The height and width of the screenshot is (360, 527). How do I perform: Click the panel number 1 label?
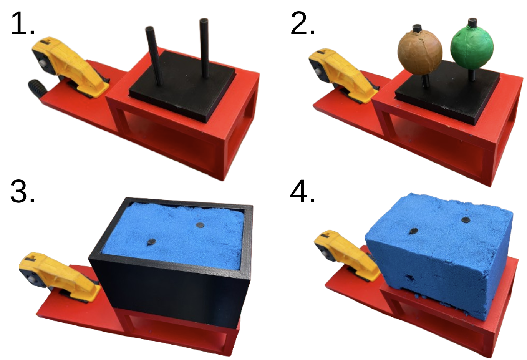pos(22,24)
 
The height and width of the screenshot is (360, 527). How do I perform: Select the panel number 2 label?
pos(303,24)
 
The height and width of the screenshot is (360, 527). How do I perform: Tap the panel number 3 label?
pos(22,192)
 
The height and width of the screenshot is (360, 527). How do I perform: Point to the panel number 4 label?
pos(303,192)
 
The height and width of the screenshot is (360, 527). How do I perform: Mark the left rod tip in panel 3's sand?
pos(152,242)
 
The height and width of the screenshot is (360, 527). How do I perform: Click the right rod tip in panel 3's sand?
pos(199,225)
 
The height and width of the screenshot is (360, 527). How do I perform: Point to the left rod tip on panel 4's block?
pos(413,231)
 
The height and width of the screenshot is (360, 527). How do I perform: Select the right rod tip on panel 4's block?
pos(466,220)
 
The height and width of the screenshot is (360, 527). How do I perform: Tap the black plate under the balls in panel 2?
pos(446,96)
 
